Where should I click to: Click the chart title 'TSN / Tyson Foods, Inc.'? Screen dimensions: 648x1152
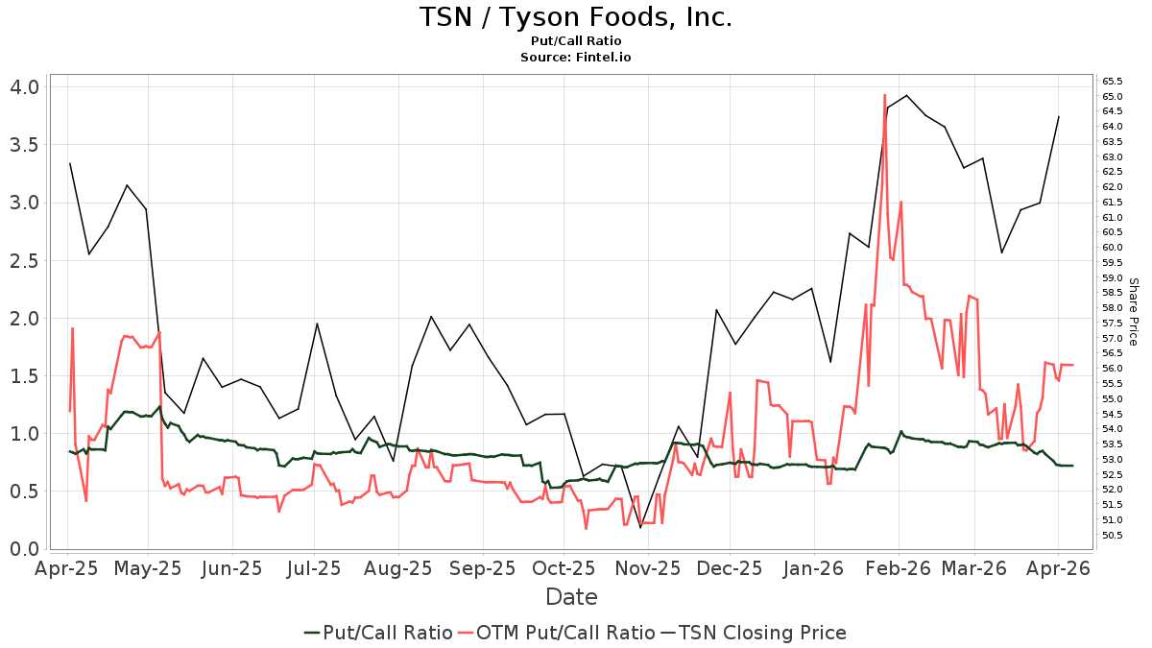pyautogui.click(x=575, y=17)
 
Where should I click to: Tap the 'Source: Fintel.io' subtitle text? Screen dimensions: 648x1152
pyautogui.click(x=575, y=58)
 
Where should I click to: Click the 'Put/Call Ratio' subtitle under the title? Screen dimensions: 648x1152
pyautogui.click(x=575, y=41)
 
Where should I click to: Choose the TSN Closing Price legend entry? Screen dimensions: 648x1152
pyautogui.click(x=762, y=633)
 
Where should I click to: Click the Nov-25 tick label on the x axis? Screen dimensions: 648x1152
pyautogui.click(x=647, y=568)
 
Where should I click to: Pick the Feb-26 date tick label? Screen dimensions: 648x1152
pyautogui.click(x=892, y=568)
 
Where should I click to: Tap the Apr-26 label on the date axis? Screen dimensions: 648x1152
pyautogui.click(x=1058, y=568)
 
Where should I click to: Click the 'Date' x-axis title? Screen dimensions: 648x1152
pyautogui.click(x=571, y=597)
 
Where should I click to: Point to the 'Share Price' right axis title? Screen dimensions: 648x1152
pyautogui.click(x=1133, y=312)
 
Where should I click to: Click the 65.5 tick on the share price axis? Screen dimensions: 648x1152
pyautogui.click(x=1114, y=82)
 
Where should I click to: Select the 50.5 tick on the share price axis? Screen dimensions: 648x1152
pyautogui.click(x=1114, y=536)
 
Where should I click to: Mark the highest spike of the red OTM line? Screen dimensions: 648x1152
pyautogui.click(x=884, y=95)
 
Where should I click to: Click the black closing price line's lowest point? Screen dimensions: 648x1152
pyautogui.click(x=640, y=527)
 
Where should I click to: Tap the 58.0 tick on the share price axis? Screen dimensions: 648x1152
pyautogui.click(x=1114, y=308)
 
